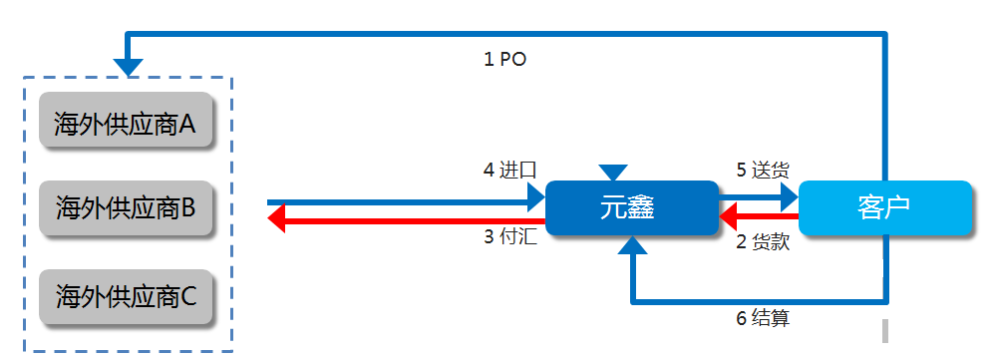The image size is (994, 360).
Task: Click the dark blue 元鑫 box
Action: (x=632, y=208)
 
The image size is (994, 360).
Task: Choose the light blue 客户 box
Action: (x=885, y=208)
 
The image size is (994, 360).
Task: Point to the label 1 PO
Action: (x=504, y=60)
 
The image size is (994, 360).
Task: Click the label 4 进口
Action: (x=509, y=171)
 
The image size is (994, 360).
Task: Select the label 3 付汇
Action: (x=509, y=238)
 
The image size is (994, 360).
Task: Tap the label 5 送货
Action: (x=763, y=171)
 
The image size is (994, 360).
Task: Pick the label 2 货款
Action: (x=763, y=241)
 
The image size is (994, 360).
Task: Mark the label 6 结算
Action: (x=763, y=319)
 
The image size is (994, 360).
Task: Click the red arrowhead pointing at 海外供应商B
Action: (x=278, y=218)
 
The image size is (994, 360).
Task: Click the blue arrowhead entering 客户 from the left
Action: (x=789, y=194)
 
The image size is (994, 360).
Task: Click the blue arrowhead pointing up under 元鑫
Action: (x=631, y=248)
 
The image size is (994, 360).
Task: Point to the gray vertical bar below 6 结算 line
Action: (x=884, y=330)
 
